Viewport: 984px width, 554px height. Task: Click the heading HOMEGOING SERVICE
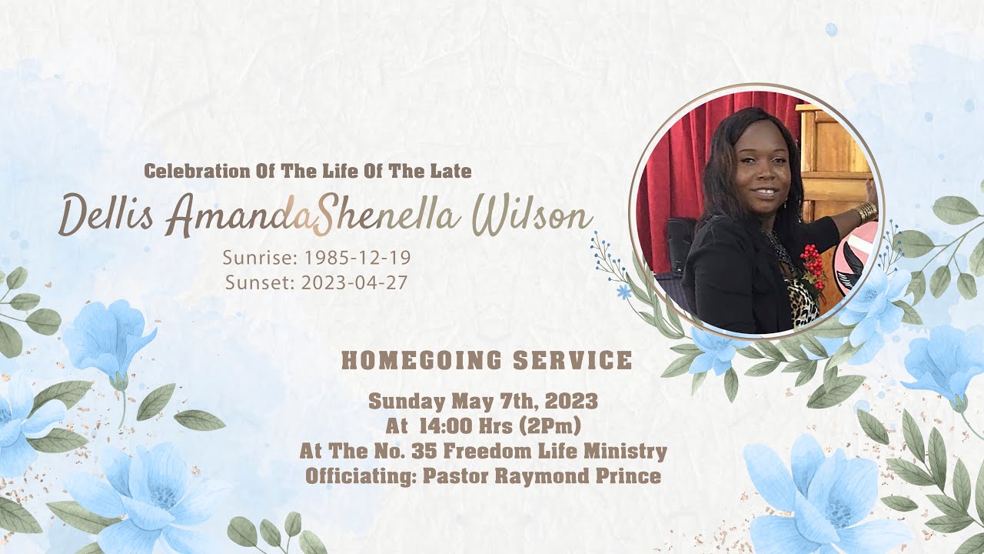point(487,360)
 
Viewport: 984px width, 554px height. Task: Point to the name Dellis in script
point(106,215)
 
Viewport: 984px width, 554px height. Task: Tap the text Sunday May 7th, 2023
point(483,402)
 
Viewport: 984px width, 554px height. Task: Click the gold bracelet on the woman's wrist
point(865,212)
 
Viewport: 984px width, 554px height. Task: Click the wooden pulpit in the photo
point(834,154)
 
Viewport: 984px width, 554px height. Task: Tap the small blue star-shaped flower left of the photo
point(623,292)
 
